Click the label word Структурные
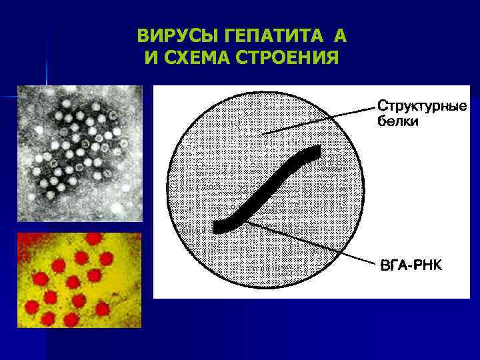tap(422, 107)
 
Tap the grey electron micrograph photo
tap(80, 153)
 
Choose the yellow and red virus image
tap(79, 279)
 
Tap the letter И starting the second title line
tap(150, 58)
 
